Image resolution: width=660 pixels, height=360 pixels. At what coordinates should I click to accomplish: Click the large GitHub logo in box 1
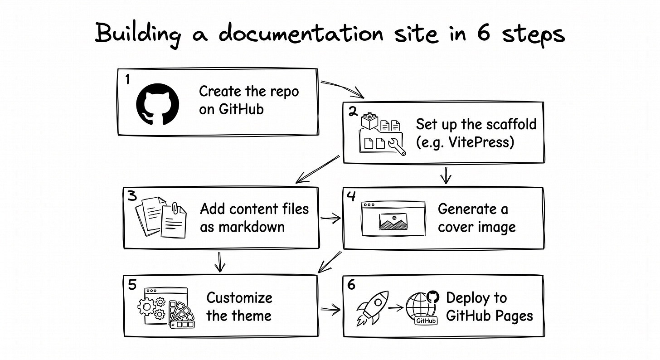click(x=157, y=104)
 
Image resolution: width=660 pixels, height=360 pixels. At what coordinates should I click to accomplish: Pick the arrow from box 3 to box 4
click(x=330, y=219)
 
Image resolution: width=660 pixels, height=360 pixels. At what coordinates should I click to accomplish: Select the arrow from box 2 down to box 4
click(x=446, y=175)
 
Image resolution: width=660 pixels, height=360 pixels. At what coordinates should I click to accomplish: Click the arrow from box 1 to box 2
click(x=343, y=89)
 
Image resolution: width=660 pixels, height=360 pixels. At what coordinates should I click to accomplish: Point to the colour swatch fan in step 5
click(x=181, y=314)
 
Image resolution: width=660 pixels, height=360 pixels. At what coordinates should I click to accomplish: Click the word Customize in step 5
click(x=239, y=298)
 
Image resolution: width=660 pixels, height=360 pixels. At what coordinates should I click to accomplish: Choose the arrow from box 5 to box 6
click(x=330, y=310)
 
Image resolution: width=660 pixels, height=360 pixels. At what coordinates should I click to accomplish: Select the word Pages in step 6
click(x=511, y=316)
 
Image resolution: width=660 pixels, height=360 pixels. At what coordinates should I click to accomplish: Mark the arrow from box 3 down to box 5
click(x=220, y=262)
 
